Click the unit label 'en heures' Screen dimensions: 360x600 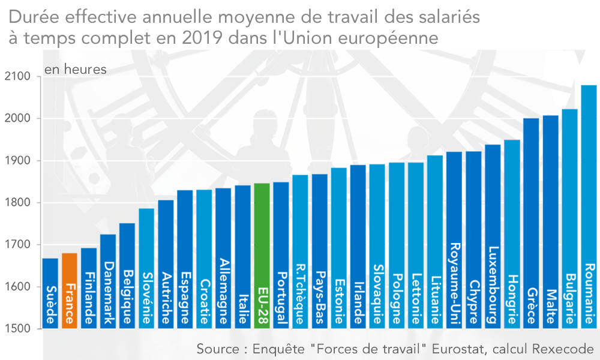(x=76, y=70)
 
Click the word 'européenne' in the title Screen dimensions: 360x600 (x=391, y=38)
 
